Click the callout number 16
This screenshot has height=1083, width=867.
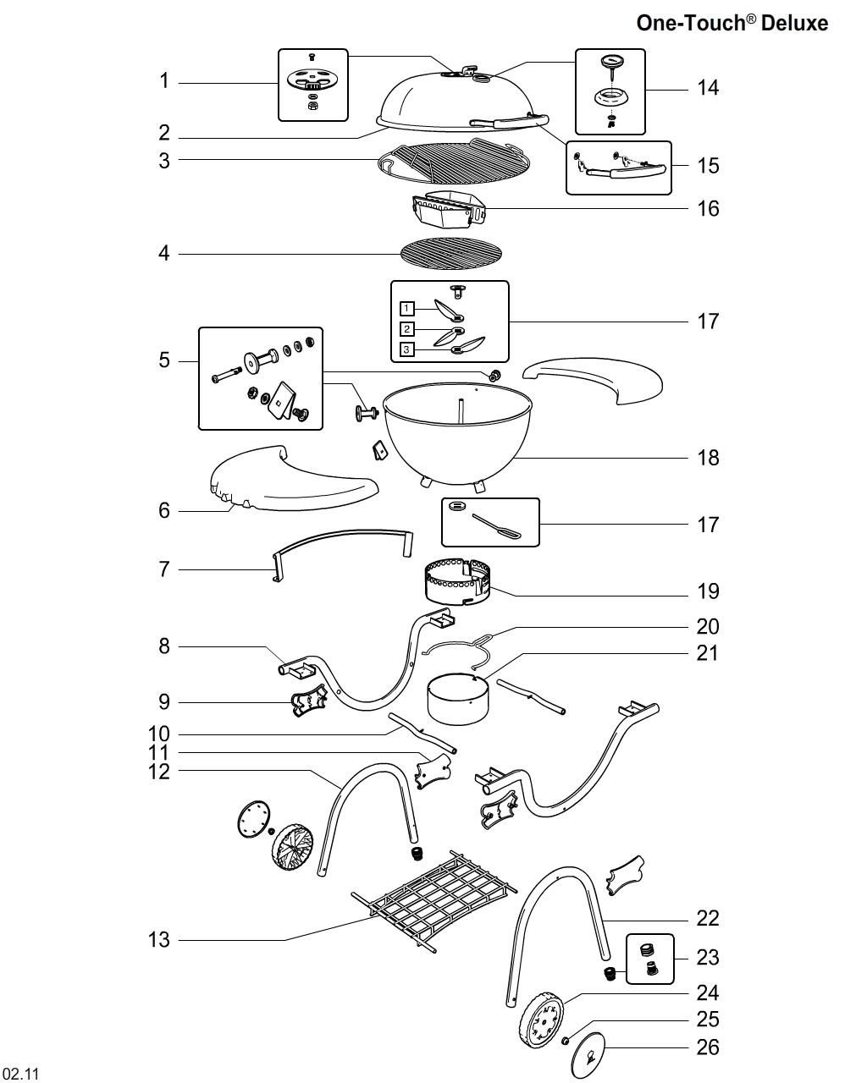click(x=708, y=208)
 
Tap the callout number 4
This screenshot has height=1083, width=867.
click(x=164, y=253)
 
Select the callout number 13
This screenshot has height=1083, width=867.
click(x=159, y=939)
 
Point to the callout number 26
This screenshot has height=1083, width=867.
click(x=708, y=1047)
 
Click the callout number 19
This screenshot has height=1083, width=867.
click(x=708, y=591)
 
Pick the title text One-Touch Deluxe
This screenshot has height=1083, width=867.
click(x=732, y=23)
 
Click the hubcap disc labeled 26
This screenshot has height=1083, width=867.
click(x=593, y=1055)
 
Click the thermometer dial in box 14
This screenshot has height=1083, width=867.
click(x=610, y=63)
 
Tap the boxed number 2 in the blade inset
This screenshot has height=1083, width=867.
click(x=407, y=329)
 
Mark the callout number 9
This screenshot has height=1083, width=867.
click(x=164, y=701)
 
